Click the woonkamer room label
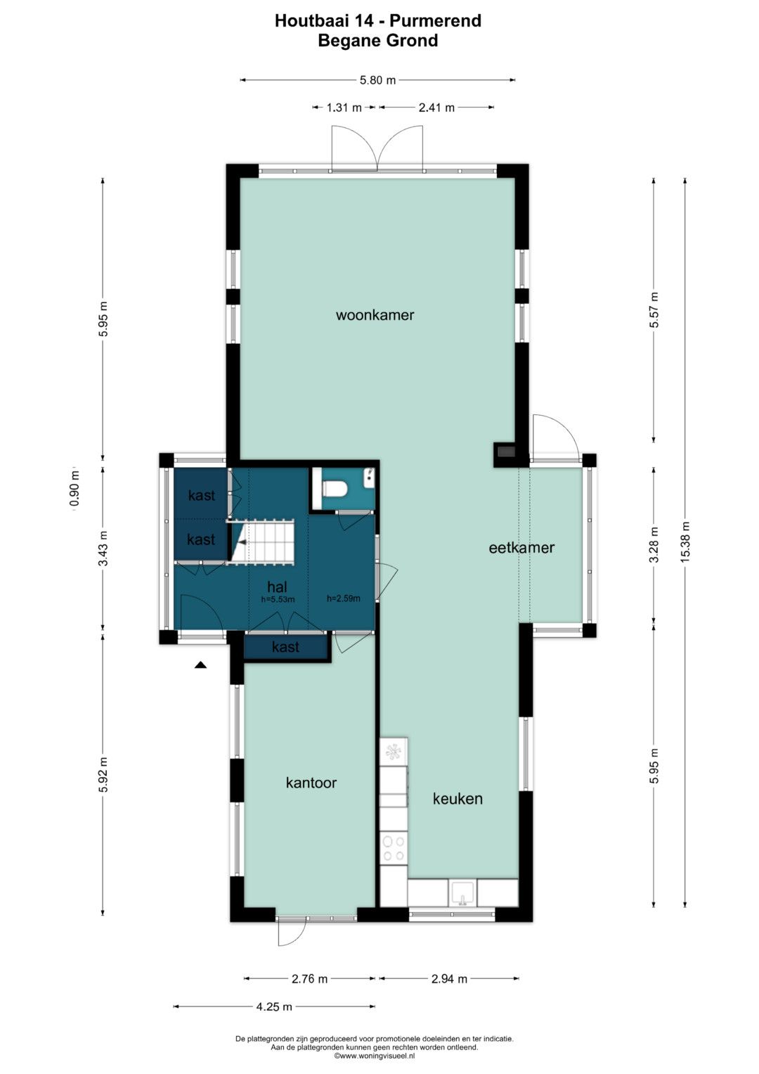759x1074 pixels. (x=375, y=315)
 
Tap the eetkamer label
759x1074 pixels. (x=521, y=547)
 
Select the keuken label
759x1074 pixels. (x=458, y=798)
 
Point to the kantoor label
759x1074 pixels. (x=311, y=783)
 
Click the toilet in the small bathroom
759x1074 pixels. (x=335, y=489)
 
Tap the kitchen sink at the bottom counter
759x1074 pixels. (x=463, y=893)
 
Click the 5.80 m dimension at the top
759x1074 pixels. (x=377, y=80)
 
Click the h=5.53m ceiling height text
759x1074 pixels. (x=278, y=599)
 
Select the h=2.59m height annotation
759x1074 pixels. (x=344, y=599)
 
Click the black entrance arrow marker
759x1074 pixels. (x=200, y=665)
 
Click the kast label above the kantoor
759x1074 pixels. (x=285, y=647)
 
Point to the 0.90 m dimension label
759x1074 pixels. (x=74, y=489)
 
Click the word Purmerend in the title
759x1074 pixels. (x=435, y=20)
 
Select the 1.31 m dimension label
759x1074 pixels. (x=344, y=108)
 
